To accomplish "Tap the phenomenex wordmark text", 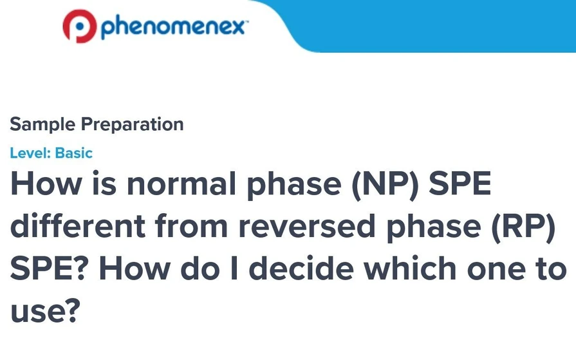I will click(174, 27).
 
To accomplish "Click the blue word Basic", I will click(74, 153).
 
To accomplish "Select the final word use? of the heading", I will click(45, 311).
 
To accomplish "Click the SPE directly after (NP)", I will click(460, 185).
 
